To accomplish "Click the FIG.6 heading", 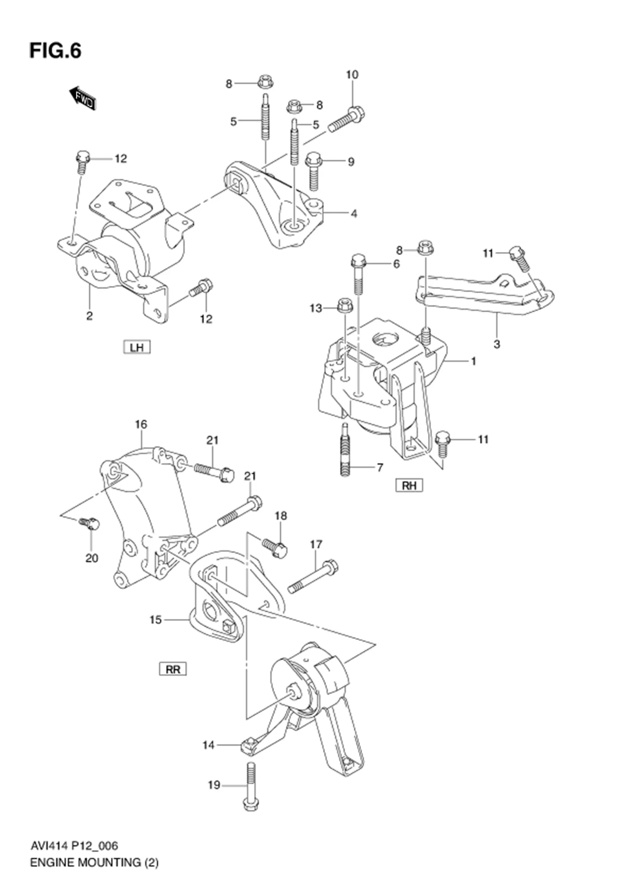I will tap(55, 51).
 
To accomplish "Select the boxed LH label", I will tap(136, 347).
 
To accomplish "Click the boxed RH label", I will tap(409, 485).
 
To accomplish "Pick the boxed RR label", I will tap(173, 669).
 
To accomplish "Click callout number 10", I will tap(352, 75).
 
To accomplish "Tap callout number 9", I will tap(351, 162).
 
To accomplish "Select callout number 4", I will tap(354, 213).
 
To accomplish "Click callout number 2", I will tap(89, 316).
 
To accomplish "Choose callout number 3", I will tap(497, 344).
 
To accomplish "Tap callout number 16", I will tap(141, 424).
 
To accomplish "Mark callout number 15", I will tap(155, 620).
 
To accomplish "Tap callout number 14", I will tap(208, 745).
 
